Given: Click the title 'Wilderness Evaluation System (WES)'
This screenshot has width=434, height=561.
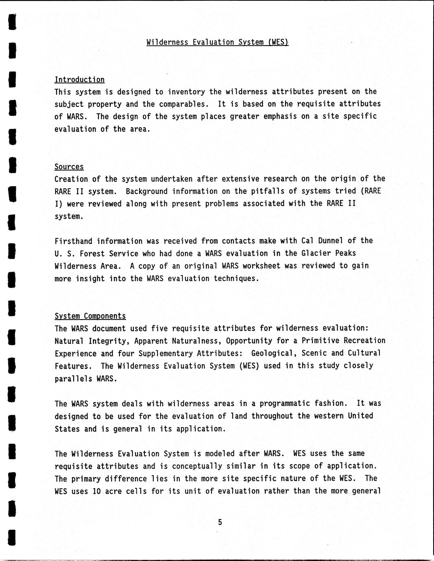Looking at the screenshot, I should [x=217, y=42].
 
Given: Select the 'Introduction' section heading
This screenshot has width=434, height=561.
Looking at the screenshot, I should [x=79, y=80].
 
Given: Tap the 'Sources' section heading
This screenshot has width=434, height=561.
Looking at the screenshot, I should [x=69, y=167].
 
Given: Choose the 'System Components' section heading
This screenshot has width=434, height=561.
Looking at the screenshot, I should [x=90, y=316].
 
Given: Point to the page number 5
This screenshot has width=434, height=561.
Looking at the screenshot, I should [x=220, y=522].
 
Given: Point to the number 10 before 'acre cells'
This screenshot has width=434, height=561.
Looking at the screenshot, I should [x=96, y=491].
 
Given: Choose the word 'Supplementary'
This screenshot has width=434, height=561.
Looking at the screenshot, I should [x=165, y=353].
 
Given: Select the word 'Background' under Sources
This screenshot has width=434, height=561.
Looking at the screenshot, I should [x=146, y=191].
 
